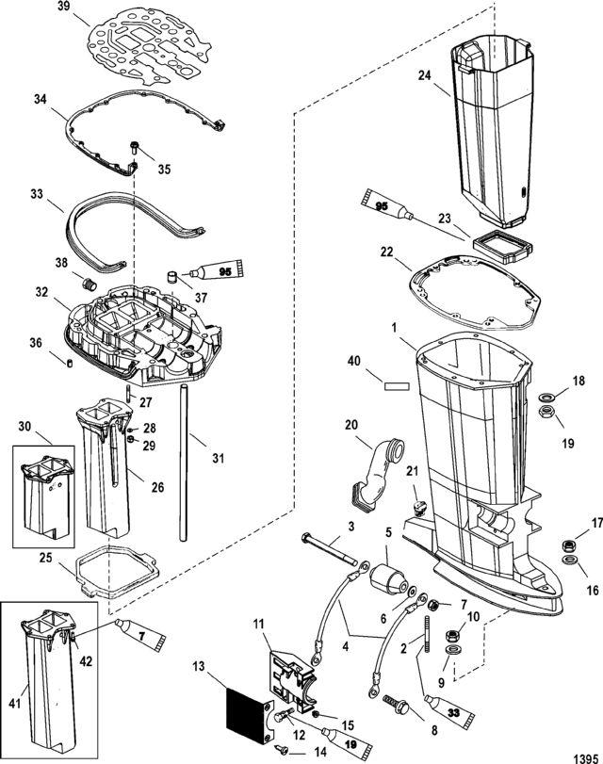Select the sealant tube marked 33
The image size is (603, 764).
click(450, 712)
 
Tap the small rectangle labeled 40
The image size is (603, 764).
click(396, 386)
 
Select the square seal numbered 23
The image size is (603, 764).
click(502, 248)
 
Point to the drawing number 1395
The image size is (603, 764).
click(585, 758)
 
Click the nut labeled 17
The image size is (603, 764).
click(567, 545)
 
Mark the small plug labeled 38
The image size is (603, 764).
click(90, 284)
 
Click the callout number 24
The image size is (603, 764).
click(425, 75)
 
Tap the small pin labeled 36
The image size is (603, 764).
click(69, 363)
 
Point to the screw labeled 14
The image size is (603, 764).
click(282, 747)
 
